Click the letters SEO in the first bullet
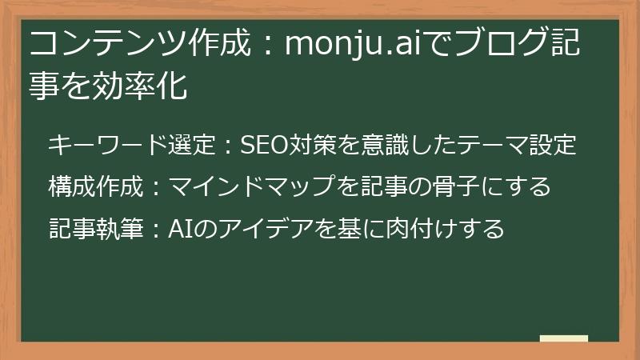point(262,146)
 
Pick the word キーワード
point(108,146)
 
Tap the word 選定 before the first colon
point(192,146)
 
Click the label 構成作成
point(97,187)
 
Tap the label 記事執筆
point(97,229)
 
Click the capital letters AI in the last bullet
point(178,229)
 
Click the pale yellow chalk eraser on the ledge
point(564,339)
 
